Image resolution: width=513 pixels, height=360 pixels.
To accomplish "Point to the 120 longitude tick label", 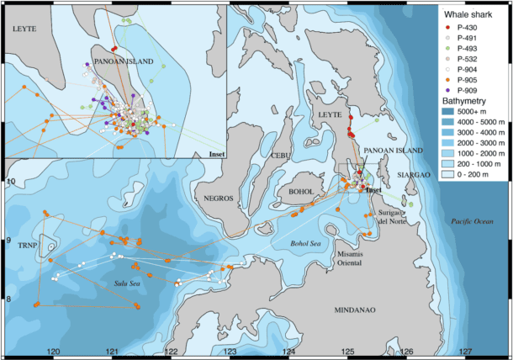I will (x=53, y=351).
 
